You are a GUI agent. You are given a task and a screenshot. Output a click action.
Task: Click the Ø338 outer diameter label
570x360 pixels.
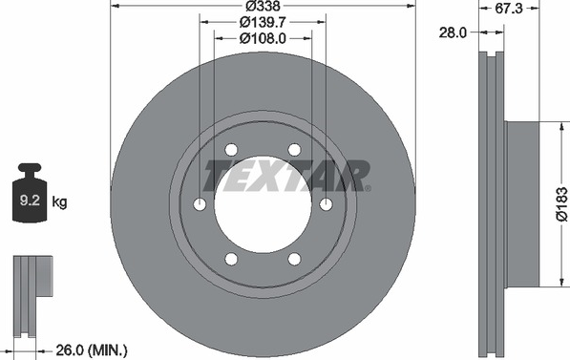click(x=263, y=6)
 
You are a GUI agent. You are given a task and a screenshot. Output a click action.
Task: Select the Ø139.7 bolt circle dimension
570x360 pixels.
click(x=263, y=23)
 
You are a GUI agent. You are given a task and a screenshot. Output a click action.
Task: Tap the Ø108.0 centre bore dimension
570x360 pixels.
click(x=263, y=38)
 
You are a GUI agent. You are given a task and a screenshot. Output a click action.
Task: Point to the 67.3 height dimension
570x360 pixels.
click(x=509, y=9)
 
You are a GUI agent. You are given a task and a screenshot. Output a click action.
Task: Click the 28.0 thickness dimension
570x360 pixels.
click(x=453, y=32)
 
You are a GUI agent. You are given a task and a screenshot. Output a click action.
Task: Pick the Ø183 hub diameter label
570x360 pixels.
click(x=561, y=204)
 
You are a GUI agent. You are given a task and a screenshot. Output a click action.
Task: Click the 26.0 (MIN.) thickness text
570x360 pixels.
click(x=92, y=351)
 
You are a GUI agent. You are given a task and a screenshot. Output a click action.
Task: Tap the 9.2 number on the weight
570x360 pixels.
click(x=30, y=201)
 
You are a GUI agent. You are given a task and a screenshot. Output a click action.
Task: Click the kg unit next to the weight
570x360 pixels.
click(x=59, y=201)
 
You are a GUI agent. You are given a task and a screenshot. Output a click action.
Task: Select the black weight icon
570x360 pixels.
click(x=30, y=193)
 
